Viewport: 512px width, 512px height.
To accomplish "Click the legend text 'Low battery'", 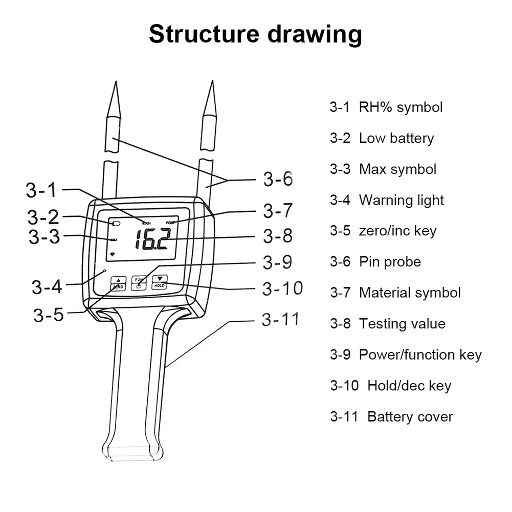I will tap(396, 138).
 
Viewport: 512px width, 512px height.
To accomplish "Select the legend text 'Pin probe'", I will tap(390, 262).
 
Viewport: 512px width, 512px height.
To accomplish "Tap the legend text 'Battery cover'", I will tap(410, 416).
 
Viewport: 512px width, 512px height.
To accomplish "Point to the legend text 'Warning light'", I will tap(402, 200).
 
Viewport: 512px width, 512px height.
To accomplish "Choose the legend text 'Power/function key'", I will tap(420, 354).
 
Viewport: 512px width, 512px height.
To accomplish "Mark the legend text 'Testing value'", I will tap(402, 324).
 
